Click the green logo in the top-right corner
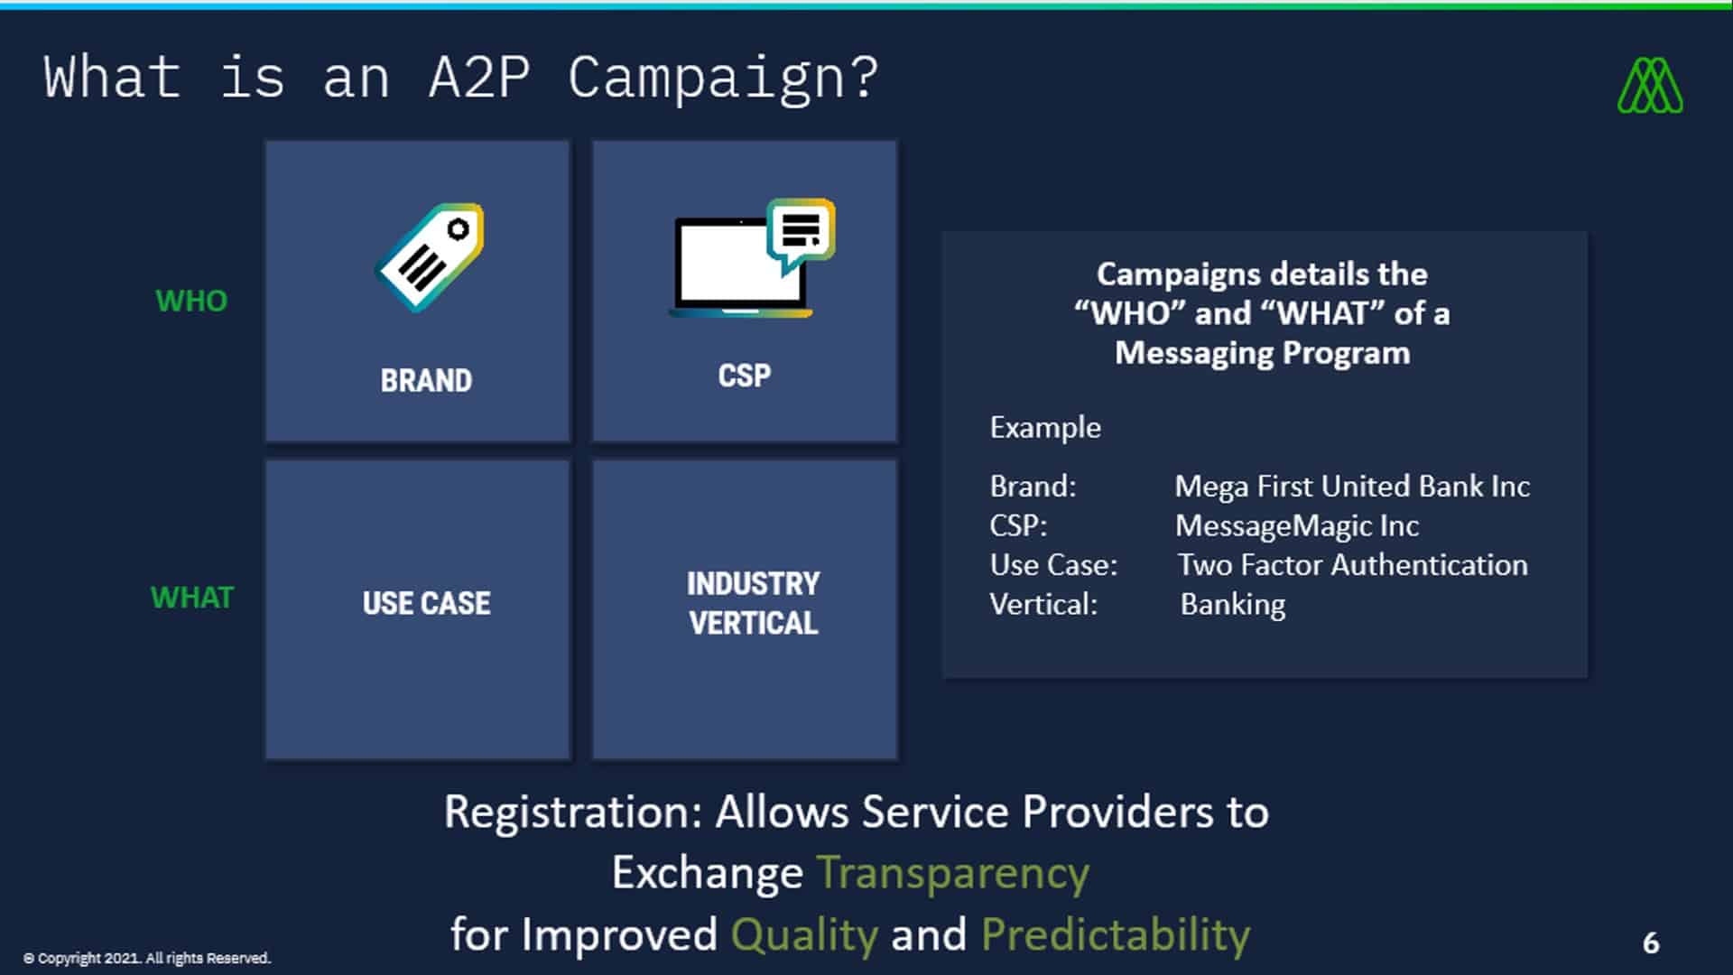pyautogui.click(x=1650, y=86)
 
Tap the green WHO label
pyautogui.click(x=191, y=301)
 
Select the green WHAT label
pyautogui.click(x=192, y=598)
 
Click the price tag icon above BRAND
pyautogui.click(x=430, y=257)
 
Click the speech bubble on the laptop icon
pyautogui.click(x=800, y=232)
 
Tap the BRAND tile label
pyautogui.click(x=426, y=380)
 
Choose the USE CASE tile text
pyautogui.click(x=426, y=603)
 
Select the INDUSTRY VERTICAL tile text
pyautogui.click(x=753, y=603)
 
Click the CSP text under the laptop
pyautogui.click(x=745, y=376)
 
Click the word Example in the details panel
pyautogui.click(x=1044, y=427)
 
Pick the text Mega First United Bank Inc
pyautogui.click(x=1351, y=487)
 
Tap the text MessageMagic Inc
pyautogui.click(x=1296, y=525)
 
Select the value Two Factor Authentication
pyautogui.click(x=1352, y=565)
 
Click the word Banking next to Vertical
pyautogui.click(x=1232, y=604)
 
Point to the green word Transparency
pyautogui.click(x=952, y=873)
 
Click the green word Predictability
pyautogui.click(x=1115, y=934)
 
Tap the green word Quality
pyautogui.click(x=803, y=934)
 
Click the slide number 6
pyautogui.click(x=1651, y=942)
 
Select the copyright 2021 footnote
pyautogui.click(x=146, y=958)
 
